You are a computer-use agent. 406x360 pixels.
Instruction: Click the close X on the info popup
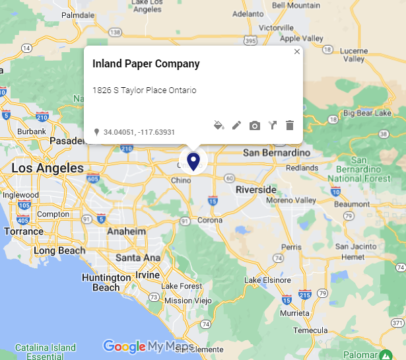(297, 52)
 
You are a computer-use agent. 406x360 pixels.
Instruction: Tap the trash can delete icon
(289, 125)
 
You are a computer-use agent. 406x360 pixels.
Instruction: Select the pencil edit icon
(236, 125)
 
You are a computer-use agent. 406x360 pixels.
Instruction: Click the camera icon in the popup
(254, 125)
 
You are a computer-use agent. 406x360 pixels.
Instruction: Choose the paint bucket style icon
(219, 125)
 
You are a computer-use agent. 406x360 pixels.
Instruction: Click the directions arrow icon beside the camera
(272, 125)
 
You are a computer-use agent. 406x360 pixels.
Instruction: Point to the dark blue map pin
(193, 161)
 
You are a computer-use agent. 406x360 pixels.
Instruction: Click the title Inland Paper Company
(146, 64)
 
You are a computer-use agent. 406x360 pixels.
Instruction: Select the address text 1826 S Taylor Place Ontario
(144, 90)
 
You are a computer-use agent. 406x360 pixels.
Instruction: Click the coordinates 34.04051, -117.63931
(139, 132)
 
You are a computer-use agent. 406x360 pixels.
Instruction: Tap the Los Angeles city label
(48, 168)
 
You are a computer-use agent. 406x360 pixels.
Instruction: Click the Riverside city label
(256, 190)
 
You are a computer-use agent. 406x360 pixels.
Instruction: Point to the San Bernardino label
(276, 153)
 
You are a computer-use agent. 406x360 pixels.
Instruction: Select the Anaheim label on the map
(126, 232)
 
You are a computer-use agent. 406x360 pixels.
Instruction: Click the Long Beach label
(59, 250)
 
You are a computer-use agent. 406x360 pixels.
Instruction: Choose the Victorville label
(276, 28)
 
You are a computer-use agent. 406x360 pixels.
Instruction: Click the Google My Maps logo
(148, 346)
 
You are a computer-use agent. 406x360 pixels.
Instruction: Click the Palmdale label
(78, 14)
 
